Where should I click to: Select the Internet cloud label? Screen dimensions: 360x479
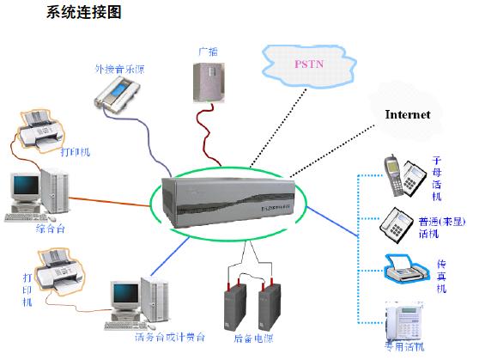pos(408,114)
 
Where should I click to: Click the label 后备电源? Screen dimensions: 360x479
pos(252,339)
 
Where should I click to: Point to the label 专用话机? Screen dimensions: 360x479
pos(403,348)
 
